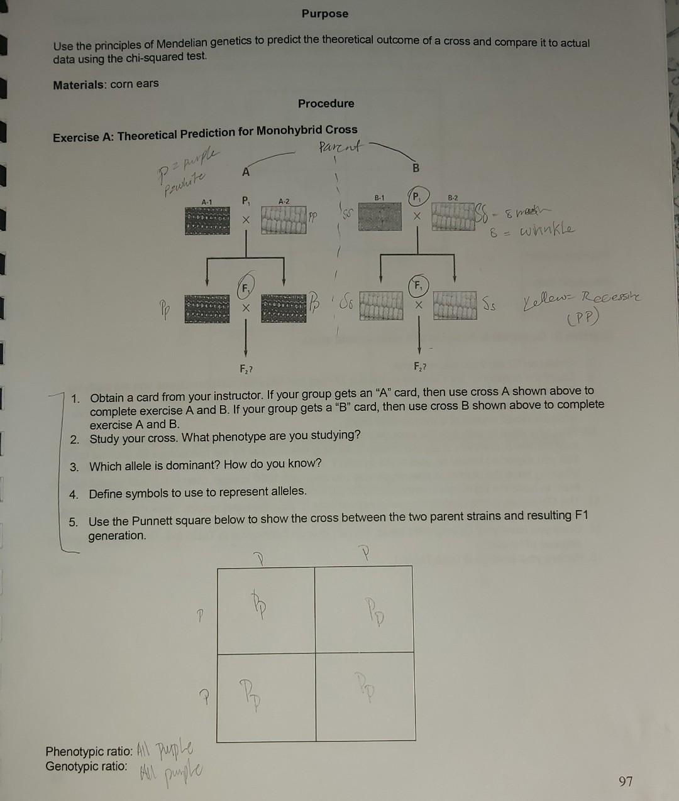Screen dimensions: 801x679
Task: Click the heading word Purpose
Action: click(324, 13)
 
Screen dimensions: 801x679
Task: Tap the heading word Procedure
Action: click(326, 103)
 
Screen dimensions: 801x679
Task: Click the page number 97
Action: click(626, 781)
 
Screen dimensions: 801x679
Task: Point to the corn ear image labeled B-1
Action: click(379, 217)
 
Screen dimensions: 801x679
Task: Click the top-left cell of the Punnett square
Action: click(266, 609)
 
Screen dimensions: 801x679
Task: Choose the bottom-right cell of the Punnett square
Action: click(365, 696)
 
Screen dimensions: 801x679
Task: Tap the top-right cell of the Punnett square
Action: click(365, 609)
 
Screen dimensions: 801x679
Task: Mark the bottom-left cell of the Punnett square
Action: click(266, 696)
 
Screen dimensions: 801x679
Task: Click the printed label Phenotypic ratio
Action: click(89, 751)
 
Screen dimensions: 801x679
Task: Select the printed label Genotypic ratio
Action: click(86, 766)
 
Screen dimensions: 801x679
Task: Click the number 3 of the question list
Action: click(74, 467)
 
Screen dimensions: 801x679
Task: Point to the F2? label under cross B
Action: click(419, 366)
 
